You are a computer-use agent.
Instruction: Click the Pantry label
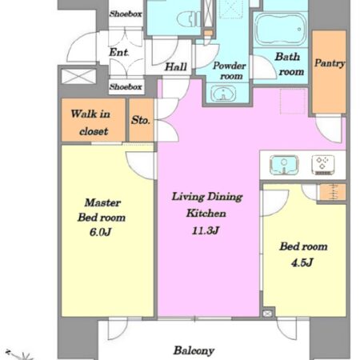(330, 63)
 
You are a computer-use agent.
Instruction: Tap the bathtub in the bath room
(281, 30)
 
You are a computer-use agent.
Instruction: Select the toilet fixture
(189, 19)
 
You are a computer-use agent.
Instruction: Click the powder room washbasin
(223, 94)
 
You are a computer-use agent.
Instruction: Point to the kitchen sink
(284, 165)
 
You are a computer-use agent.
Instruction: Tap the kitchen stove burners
(323, 165)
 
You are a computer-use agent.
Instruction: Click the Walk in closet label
(90, 122)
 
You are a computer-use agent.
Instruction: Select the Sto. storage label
(141, 121)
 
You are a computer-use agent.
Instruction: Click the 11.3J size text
(206, 230)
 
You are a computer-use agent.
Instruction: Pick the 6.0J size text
(100, 232)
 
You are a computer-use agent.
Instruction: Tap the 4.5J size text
(302, 263)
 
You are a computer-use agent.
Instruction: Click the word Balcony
(194, 350)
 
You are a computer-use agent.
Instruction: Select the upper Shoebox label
(126, 14)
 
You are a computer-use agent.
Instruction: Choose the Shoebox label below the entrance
(126, 86)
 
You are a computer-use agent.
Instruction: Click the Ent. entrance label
(119, 52)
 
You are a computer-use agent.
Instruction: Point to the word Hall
(176, 66)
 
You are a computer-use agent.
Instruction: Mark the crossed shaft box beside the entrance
(78, 77)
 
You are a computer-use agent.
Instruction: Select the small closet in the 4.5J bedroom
(332, 192)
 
